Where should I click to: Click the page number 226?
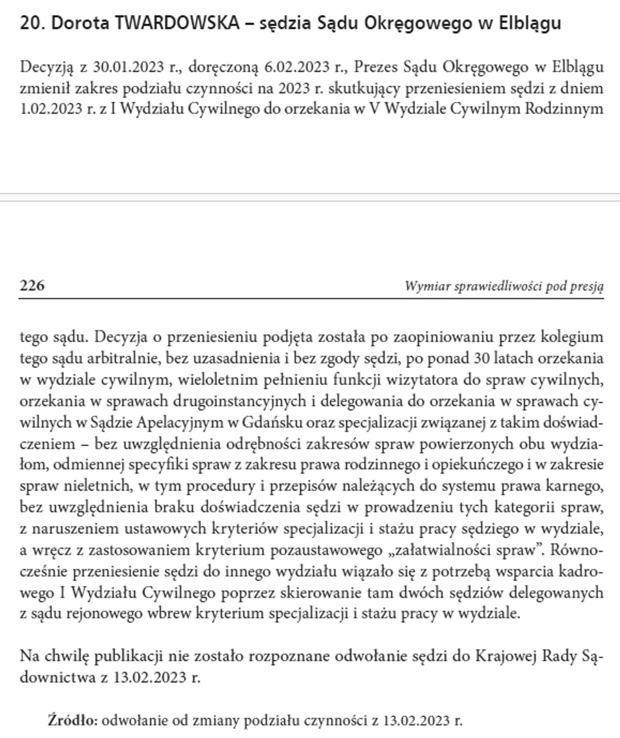(32, 285)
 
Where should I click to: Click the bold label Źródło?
(73, 720)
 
